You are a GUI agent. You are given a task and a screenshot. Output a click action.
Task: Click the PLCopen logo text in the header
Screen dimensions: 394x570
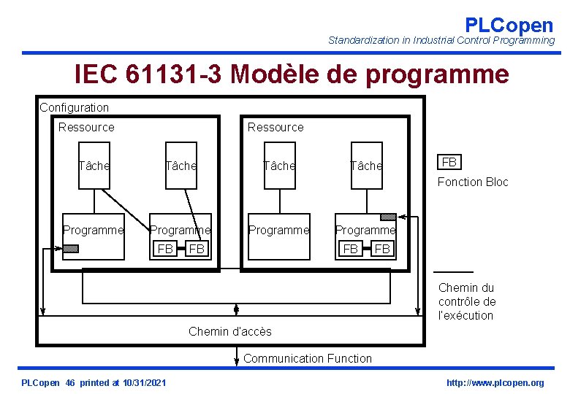pyautogui.click(x=509, y=25)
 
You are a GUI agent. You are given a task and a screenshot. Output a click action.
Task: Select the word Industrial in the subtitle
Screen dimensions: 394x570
pyautogui.click(x=430, y=41)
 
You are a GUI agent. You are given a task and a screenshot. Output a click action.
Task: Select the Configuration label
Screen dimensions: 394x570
pyautogui.click(x=74, y=107)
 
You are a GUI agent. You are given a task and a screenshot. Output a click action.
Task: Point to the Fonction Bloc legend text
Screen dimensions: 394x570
pyautogui.click(x=472, y=182)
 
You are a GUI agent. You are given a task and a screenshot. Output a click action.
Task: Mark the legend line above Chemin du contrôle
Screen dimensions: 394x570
pyautogui.click(x=454, y=271)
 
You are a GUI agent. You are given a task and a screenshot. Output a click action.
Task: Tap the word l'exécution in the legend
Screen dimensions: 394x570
pyautogui.click(x=465, y=315)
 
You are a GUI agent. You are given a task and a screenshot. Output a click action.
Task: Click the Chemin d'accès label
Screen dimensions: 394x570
pyautogui.click(x=229, y=331)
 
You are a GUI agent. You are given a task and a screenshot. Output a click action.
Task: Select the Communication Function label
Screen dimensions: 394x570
pyautogui.click(x=307, y=358)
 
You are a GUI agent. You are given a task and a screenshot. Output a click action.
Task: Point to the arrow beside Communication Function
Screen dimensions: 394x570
pyautogui.click(x=236, y=356)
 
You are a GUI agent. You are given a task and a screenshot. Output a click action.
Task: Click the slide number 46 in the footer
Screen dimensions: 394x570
pyautogui.click(x=70, y=383)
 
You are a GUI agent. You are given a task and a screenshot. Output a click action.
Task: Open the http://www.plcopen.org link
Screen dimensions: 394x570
pyautogui.click(x=495, y=383)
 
